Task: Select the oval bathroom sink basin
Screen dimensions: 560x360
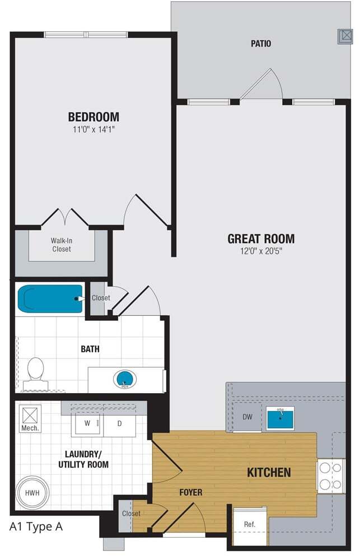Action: point(124,379)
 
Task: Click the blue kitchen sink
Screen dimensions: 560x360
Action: point(280,418)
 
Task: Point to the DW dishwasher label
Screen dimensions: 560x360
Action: point(247,417)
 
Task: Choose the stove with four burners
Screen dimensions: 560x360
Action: point(331,475)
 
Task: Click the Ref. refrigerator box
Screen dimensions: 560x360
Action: point(250,525)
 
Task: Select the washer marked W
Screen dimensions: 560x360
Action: point(88,423)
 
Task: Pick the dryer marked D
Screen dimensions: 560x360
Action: point(119,423)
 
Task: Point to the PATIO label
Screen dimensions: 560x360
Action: point(261,43)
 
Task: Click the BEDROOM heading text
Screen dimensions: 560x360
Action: point(93,117)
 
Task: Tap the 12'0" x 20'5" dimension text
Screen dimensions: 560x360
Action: point(260,251)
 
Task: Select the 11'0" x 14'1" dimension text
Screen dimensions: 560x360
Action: point(93,130)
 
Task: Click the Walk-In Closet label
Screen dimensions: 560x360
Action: point(62,245)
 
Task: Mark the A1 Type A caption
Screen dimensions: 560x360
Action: point(36,526)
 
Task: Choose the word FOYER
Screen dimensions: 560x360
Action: point(190,492)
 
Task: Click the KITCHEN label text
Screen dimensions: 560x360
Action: point(269,472)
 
